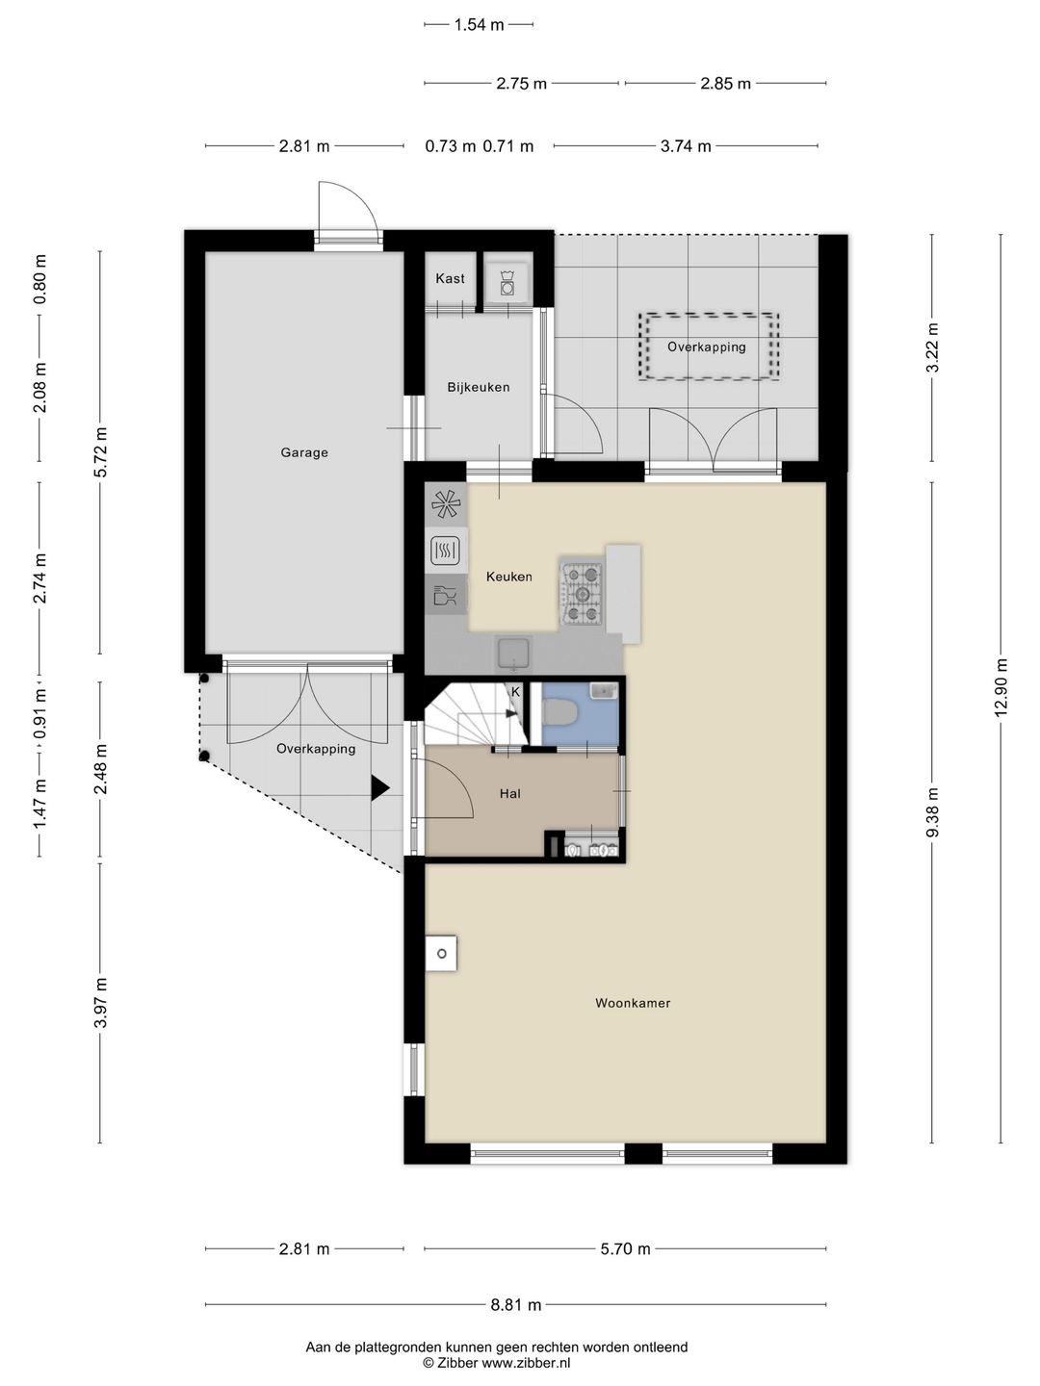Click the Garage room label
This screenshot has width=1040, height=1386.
[304, 452]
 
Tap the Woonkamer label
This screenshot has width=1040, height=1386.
[633, 1003]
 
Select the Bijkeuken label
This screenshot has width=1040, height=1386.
[478, 387]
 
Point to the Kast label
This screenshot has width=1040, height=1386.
[450, 278]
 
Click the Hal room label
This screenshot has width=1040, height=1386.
[510, 794]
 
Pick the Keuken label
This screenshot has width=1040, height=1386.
[509, 577]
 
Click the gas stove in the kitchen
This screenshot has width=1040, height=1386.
[583, 592]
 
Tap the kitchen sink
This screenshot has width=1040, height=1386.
[514, 654]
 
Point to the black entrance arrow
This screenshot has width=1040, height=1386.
[379, 788]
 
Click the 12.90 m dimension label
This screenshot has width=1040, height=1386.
[1001, 688]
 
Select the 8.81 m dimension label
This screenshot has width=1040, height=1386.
[516, 1304]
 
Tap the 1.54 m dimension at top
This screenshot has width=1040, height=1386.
[479, 25]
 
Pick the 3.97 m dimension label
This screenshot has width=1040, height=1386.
[100, 1003]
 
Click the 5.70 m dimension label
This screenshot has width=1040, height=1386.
[625, 1248]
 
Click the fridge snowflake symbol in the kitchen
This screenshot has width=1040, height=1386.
[446, 504]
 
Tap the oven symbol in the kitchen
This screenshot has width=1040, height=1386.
[445, 551]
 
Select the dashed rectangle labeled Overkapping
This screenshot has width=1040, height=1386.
[709, 346]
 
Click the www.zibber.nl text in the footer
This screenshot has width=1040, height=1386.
[526, 1363]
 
